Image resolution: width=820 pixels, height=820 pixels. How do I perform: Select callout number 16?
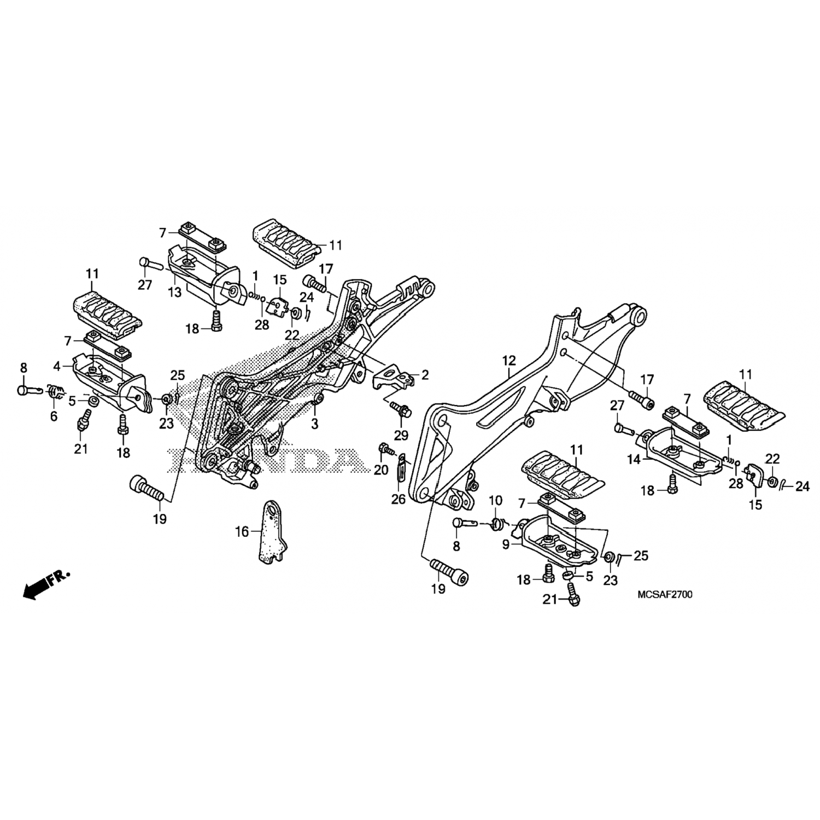(242, 531)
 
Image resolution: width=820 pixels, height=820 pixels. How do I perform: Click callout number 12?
(508, 361)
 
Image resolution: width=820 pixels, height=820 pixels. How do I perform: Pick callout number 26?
(399, 499)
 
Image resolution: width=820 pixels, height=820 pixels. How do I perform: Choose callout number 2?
(425, 375)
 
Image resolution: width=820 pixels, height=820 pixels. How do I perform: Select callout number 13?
(174, 293)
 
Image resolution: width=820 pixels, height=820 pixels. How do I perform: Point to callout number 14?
(634, 460)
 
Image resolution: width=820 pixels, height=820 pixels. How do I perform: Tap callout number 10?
(495, 500)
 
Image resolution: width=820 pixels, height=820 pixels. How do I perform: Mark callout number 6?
(54, 416)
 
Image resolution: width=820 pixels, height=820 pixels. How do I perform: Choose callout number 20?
(380, 470)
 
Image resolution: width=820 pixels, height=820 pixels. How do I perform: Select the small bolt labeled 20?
(386, 449)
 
